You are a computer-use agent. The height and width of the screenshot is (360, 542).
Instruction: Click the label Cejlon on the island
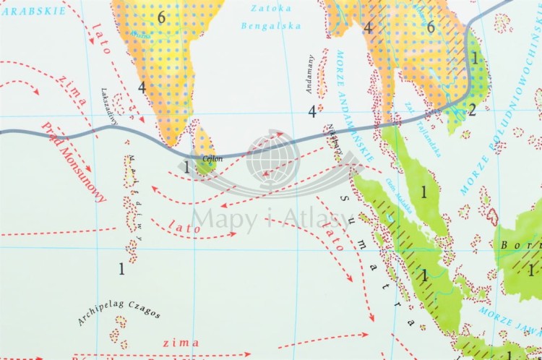[x=212, y=158]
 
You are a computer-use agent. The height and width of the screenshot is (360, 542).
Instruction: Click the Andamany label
[x=311, y=75]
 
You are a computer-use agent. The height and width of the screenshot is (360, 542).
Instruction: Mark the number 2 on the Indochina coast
[x=471, y=110]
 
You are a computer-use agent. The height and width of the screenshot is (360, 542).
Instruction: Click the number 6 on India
[x=161, y=18]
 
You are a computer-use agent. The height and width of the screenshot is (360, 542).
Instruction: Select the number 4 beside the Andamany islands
[x=312, y=111]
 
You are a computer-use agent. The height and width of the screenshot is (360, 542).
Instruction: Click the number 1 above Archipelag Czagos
[x=122, y=269]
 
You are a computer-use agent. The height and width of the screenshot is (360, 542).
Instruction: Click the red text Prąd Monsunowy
[x=81, y=166]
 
